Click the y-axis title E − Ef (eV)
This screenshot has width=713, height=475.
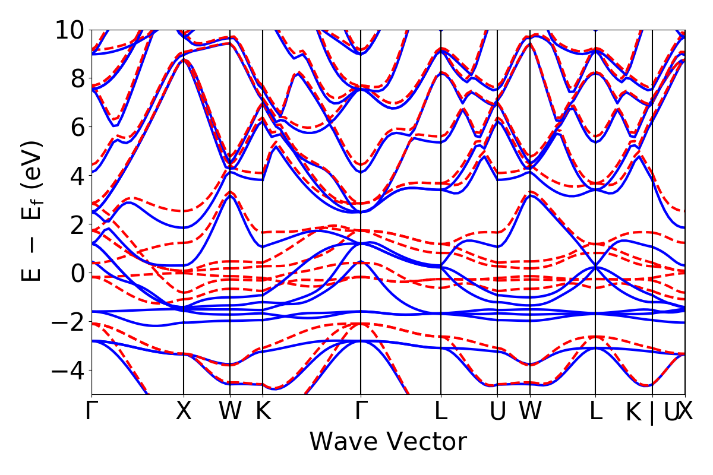(33, 211)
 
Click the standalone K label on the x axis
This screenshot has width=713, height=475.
(263, 411)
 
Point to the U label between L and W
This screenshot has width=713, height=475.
(497, 411)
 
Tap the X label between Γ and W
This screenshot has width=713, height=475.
(184, 411)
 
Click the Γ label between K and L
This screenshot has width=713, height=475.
(360, 411)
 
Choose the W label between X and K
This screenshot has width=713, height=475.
(230, 411)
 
